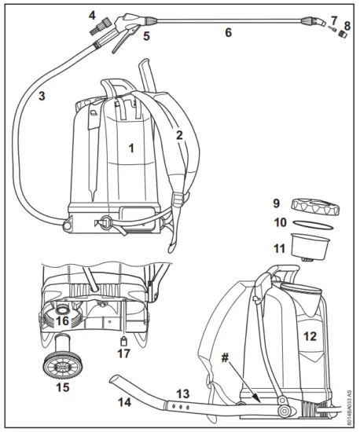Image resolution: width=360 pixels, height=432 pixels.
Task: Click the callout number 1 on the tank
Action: coord(132,147)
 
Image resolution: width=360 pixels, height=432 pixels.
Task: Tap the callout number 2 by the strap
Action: coord(179,135)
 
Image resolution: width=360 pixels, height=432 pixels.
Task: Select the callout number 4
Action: coord(92,15)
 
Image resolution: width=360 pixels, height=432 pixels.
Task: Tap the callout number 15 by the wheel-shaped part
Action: coord(62,387)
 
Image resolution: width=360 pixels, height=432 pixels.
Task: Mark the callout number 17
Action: coord(123,353)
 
